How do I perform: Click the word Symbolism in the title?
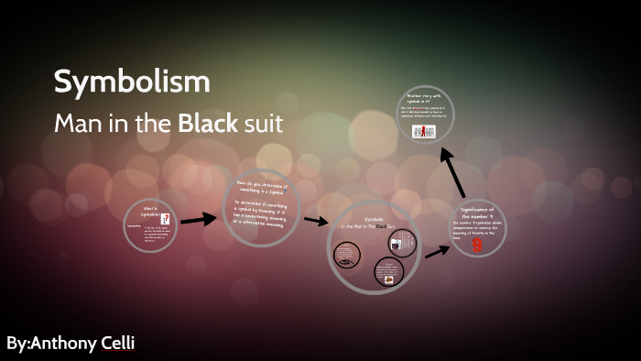[132, 82]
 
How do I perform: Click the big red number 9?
[476, 245]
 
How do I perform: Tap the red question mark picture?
[165, 218]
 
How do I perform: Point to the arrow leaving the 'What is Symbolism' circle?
[198, 220]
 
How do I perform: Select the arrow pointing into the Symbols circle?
[316, 221]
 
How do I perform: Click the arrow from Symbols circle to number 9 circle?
[437, 250]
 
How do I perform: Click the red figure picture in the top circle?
[424, 131]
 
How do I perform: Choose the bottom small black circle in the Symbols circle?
[388, 273]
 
